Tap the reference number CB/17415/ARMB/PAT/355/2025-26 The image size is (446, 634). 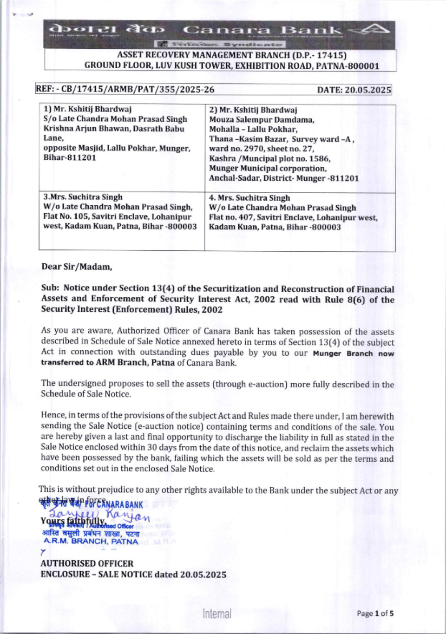click(x=137, y=89)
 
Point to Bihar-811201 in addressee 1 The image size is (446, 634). click(x=70, y=157)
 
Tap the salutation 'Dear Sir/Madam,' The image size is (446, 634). click(x=77, y=267)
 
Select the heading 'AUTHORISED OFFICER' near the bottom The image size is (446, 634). click(x=87, y=564)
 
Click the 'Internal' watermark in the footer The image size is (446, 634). click(x=217, y=614)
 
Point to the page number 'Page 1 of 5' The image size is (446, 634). click(x=375, y=613)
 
